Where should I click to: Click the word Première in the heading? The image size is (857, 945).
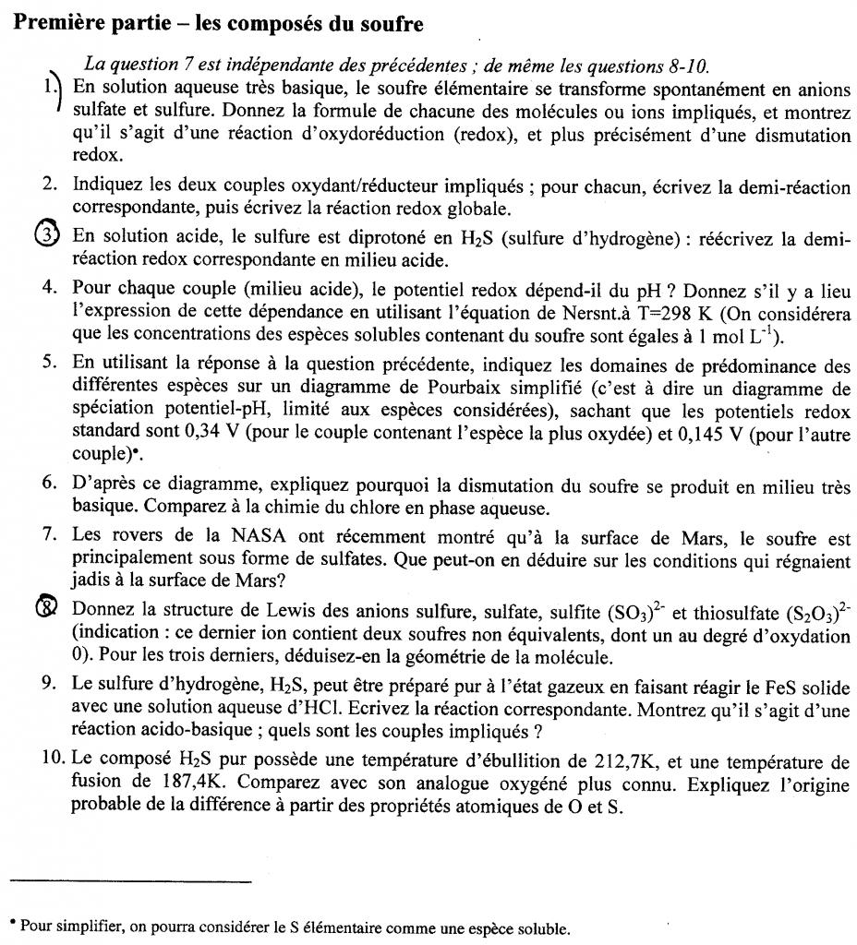[57, 22]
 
